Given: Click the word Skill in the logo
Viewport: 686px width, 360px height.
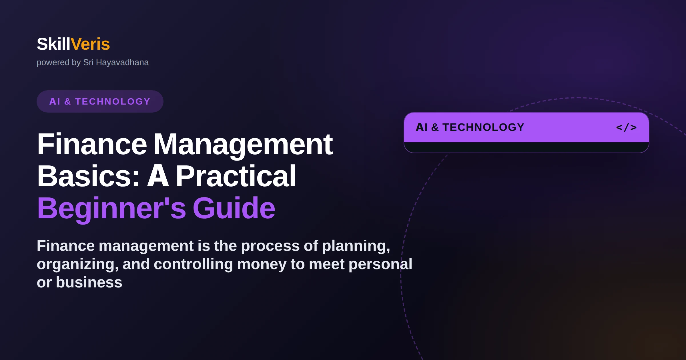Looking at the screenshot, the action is (x=53, y=44).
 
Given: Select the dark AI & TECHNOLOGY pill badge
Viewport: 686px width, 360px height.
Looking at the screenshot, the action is (x=100, y=101).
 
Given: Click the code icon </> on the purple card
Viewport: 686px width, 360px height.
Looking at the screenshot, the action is (x=626, y=127).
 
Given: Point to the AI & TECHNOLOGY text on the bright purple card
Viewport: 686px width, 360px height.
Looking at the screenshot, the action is (x=470, y=127).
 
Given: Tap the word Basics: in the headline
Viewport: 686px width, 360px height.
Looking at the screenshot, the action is (x=88, y=176).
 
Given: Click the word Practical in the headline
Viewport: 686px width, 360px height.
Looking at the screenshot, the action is (x=236, y=176).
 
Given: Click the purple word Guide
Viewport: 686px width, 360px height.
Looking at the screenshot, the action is (x=234, y=208).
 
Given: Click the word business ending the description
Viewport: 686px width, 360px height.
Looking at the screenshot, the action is (x=89, y=282).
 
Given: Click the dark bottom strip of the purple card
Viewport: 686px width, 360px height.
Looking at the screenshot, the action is (x=526, y=147).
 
